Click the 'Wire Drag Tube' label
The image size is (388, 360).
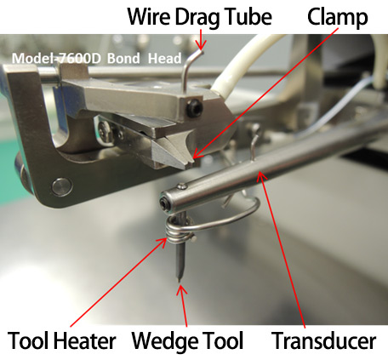click(200, 18)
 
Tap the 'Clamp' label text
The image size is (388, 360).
click(338, 18)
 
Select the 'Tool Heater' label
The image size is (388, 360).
click(61, 340)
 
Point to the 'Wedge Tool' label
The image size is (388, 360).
click(187, 340)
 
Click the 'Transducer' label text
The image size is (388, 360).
click(323, 340)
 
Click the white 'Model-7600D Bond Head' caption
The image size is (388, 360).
click(96, 59)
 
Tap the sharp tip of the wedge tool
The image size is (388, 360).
click(179, 280)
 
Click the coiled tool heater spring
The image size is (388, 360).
click(178, 231)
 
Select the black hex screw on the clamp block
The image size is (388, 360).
click(194, 109)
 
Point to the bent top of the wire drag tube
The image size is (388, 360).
click(197, 54)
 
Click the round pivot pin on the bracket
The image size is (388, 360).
click(61, 186)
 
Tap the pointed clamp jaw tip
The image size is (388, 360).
click(189, 164)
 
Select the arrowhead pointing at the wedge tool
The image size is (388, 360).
click(182, 290)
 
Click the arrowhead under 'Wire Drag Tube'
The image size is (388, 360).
click(201, 45)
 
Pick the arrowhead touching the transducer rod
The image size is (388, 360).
click(261, 176)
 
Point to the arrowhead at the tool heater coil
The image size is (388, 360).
click(161, 243)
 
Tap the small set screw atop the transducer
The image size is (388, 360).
click(183, 186)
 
